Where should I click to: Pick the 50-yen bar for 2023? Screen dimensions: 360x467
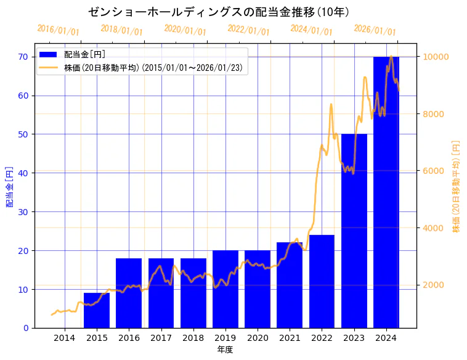(x=354, y=231)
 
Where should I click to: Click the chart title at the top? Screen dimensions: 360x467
(x=219, y=12)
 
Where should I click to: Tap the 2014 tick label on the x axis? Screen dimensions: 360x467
(x=65, y=337)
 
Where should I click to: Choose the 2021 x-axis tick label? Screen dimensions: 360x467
(x=290, y=337)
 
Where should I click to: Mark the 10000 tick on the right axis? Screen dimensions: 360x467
(x=435, y=57)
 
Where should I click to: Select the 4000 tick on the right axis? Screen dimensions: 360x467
(x=432, y=228)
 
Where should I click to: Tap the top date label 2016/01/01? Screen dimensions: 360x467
(x=59, y=30)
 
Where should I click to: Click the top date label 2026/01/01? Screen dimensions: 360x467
(x=375, y=30)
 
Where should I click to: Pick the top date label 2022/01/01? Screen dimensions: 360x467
(x=248, y=30)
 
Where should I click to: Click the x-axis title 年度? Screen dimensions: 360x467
(x=225, y=350)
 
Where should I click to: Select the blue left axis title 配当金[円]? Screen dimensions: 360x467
(x=9, y=186)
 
